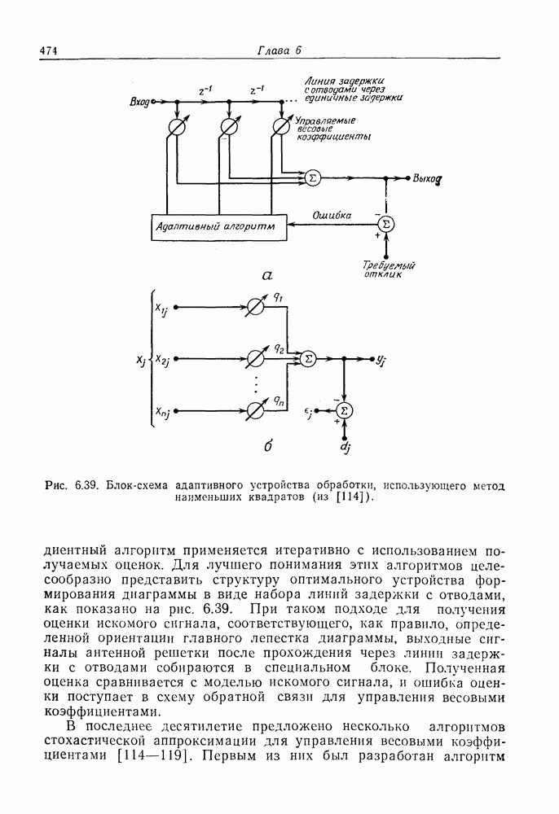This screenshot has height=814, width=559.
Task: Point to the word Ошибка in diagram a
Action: pyautogui.click(x=332, y=216)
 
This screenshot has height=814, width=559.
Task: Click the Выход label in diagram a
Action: pyautogui.click(x=427, y=177)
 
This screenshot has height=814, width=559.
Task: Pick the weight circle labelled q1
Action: pyautogui.click(x=255, y=308)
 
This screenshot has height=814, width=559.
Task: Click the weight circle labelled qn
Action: pyautogui.click(x=255, y=410)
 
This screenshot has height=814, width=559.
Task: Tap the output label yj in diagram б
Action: pyautogui.click(x=381, y=359)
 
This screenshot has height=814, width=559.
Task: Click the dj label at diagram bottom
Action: pyautogui.click(x=344, y=447)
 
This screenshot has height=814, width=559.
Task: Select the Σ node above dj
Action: pyautogui.click(x=345, y=410)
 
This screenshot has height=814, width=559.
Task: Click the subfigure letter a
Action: pyautogui.click(x=266, y=276)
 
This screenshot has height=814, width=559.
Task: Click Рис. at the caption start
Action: pyautogui.click(x=58, y=487)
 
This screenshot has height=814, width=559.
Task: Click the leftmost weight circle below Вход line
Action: pyautogui.click(x=174, y=126)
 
